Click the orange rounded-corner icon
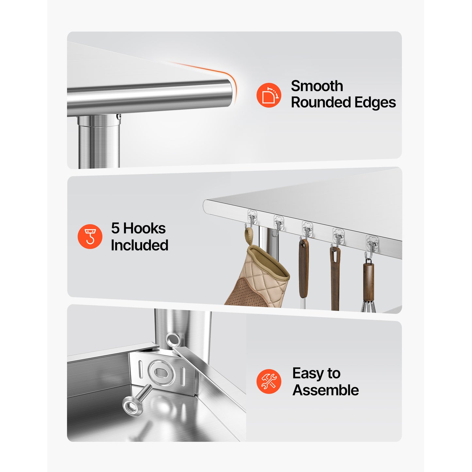(x=269, y=95)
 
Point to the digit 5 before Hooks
(x=115, y=228)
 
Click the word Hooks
(x=144, y=228)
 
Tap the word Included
(x=139, y=245)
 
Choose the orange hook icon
(x=90, y=236)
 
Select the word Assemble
(x=326, y=390)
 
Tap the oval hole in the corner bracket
(x=161, y=373)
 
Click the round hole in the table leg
(x=173, y=339)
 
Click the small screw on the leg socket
(x=119, y=117)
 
